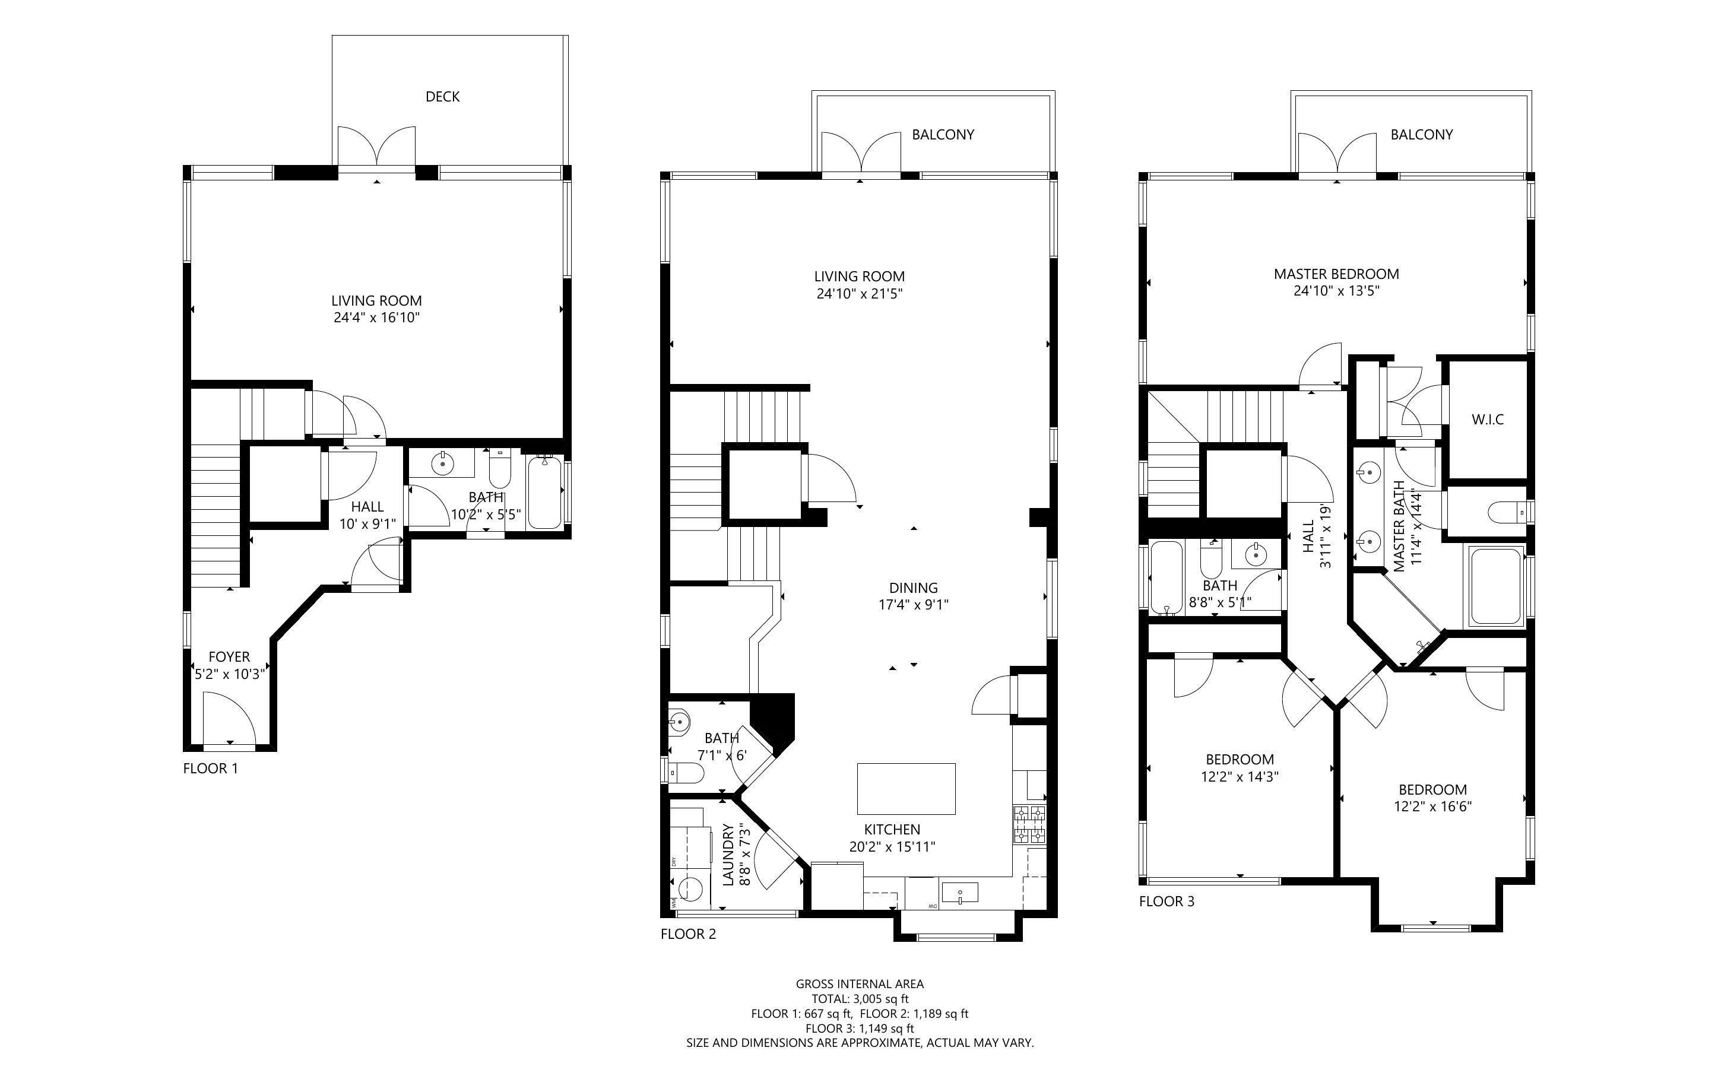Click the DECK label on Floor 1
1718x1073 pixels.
442,97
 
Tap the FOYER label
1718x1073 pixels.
229,657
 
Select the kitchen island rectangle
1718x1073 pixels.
905,788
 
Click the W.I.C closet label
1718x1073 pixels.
1488,420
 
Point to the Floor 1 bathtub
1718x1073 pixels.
544,493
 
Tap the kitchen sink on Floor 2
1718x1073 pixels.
959,892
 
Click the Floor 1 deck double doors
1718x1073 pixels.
376,149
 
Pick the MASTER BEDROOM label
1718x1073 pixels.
1336,274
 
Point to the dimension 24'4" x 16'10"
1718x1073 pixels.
377,318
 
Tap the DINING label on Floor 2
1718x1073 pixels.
913,588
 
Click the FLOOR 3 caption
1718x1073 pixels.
1167,901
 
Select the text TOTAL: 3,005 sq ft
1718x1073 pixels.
860,998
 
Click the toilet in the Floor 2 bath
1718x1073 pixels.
687,772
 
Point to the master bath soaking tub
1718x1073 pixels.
1496,586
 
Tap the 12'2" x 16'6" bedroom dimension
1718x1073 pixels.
1432,807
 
